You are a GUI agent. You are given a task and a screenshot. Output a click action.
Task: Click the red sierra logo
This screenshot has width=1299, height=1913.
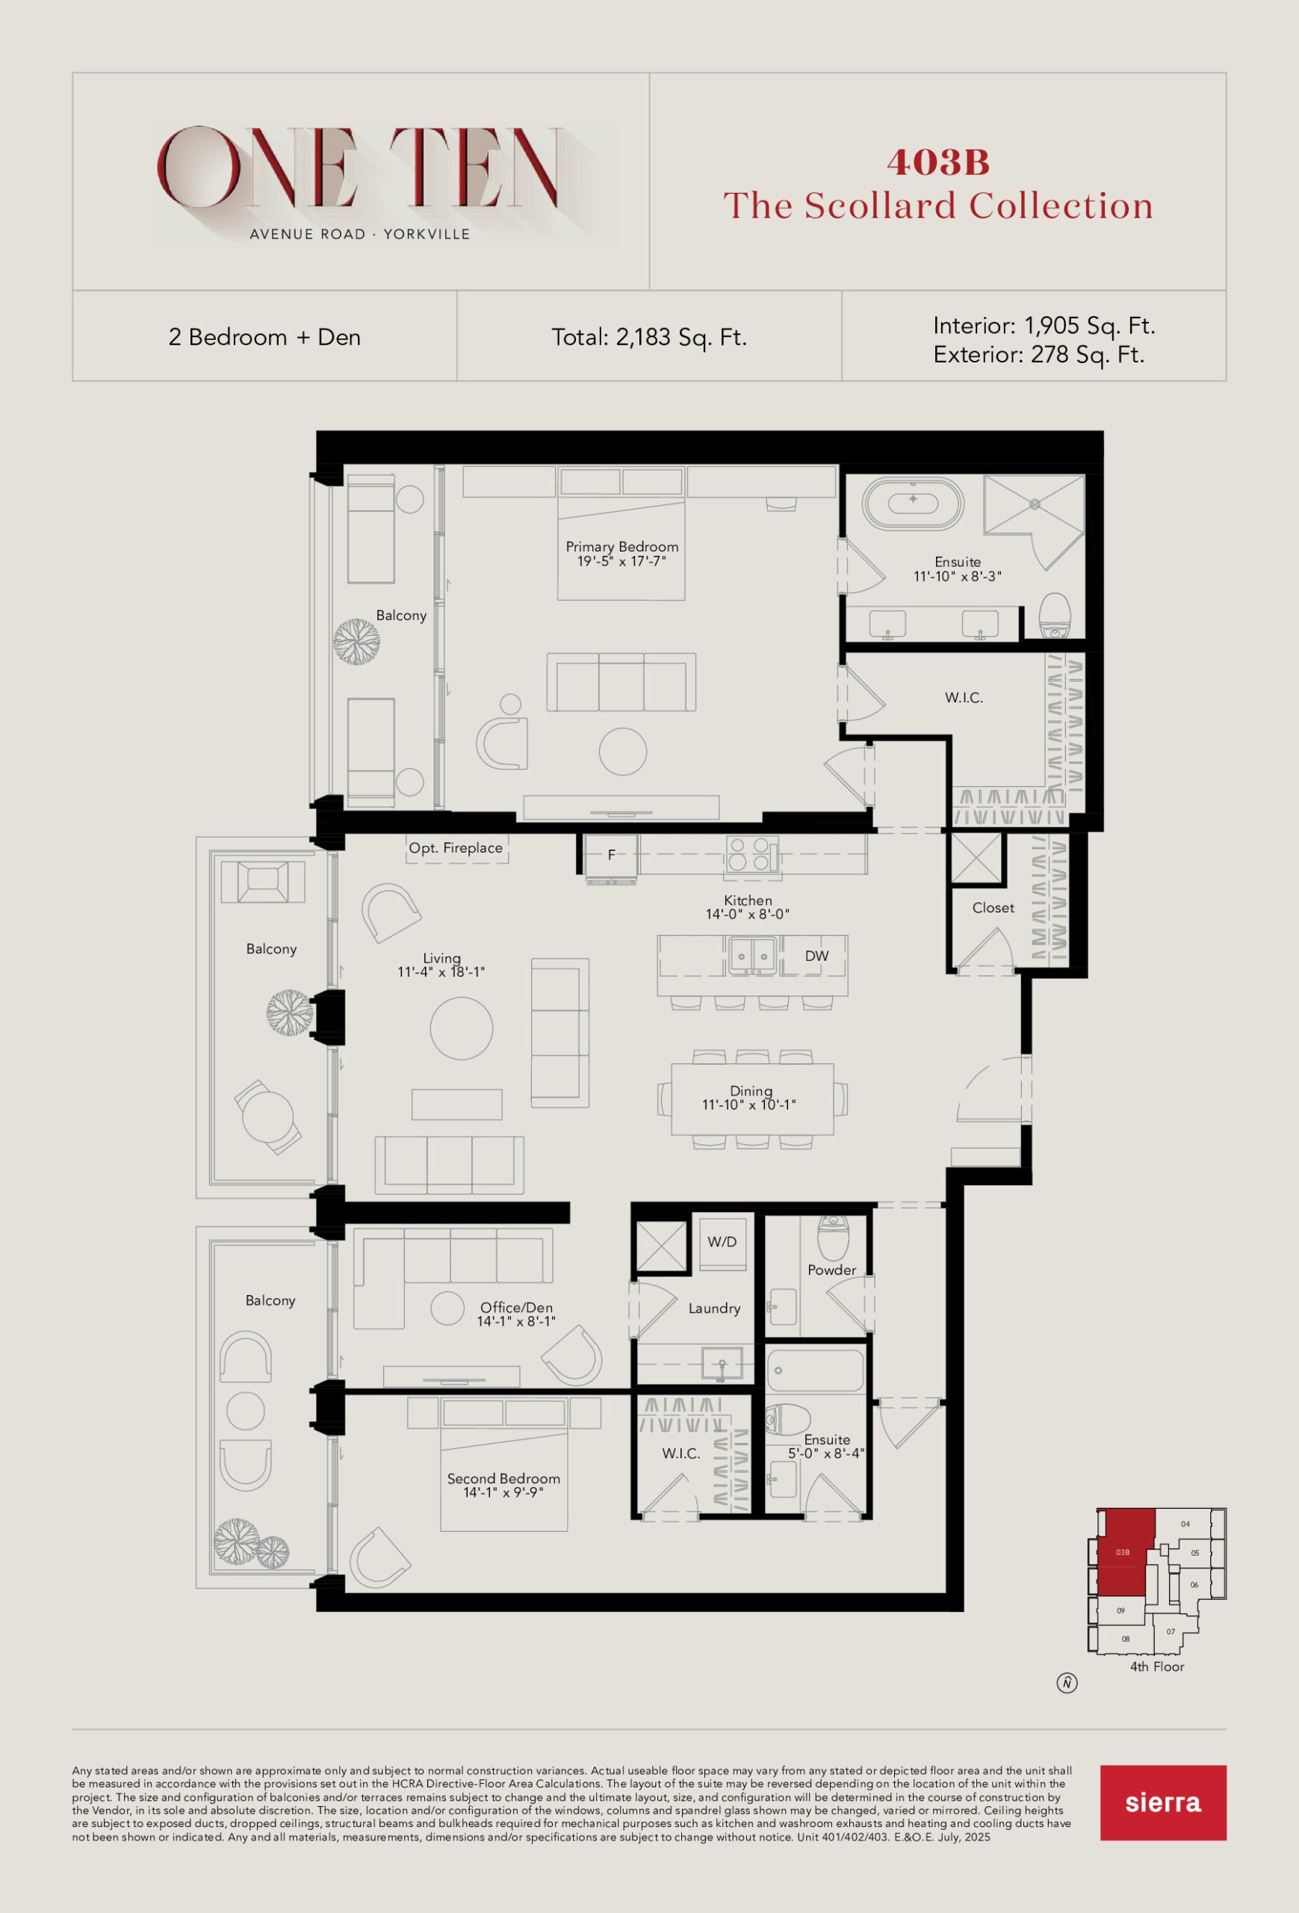(1162, 1802)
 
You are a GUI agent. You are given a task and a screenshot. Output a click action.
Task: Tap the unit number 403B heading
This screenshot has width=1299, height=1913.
(938, 162)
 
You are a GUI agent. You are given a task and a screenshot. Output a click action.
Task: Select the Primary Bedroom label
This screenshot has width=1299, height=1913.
(622, 546)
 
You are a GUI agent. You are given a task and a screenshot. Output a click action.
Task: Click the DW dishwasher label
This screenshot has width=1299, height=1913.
(817, 956)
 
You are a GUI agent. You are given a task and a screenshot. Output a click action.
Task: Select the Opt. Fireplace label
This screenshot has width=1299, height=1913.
(456, 848)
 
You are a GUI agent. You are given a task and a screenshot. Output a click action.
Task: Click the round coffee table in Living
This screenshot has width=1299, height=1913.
(462, 1027)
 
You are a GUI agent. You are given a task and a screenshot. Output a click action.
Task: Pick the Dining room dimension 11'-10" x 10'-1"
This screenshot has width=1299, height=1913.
(748, 1104)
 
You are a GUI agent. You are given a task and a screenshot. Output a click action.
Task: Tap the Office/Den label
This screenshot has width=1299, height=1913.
(517, 1307)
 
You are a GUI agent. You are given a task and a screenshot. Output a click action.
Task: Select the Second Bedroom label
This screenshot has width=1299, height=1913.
(503, 1478)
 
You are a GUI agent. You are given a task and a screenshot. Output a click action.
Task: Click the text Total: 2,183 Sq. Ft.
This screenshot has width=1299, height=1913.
(649, 338)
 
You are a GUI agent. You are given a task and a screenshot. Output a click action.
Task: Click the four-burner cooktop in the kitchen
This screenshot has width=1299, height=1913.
(749, 853)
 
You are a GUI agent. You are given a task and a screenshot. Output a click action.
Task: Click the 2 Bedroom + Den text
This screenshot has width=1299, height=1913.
(265, 338)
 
